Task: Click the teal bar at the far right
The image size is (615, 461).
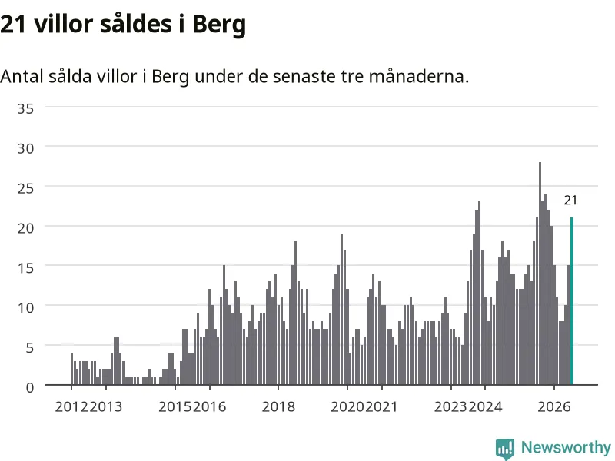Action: click(571, 301)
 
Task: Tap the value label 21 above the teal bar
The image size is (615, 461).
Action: click(570, 201)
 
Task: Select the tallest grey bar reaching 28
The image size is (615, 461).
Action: click(540, 274)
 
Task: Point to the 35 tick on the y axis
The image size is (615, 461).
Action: click(25, 108)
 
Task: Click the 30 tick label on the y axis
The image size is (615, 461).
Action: click(25, 148)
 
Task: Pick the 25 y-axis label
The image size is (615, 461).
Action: click(25, 188)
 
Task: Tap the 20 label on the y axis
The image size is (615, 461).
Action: click(25, 227)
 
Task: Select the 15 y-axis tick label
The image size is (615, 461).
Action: click(25, 267)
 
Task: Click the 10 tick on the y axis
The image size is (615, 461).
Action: click(25, 307)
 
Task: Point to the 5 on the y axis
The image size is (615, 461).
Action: click(30, 347)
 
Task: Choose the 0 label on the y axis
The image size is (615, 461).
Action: click(30, 387)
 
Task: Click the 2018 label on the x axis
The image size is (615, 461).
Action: click(278, 406)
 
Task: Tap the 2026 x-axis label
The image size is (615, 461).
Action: click(554, 406)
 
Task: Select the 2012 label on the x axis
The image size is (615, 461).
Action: click(71, 406)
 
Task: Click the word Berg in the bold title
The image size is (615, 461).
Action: click(219, 25)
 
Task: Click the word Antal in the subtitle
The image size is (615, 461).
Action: click(22, 76)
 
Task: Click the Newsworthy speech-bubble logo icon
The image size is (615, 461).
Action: click(505, 449)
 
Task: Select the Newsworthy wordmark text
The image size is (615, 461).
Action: click(566, 447)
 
